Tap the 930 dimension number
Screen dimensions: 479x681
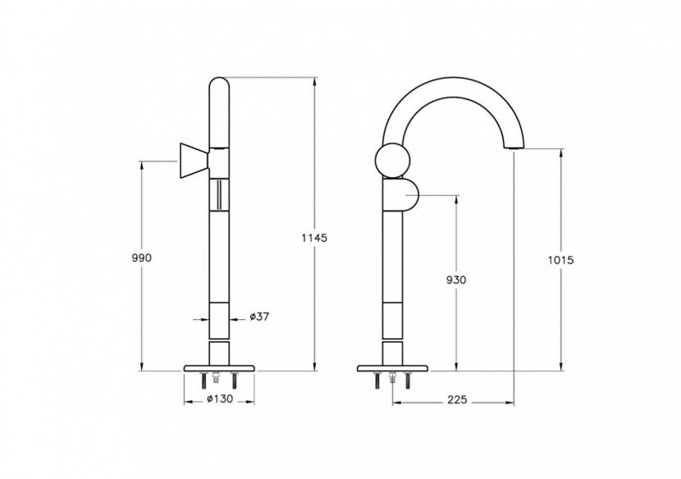click(457, 280)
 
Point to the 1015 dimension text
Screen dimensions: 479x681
click(560, 260)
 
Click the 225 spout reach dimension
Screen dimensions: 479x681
click(457, 400)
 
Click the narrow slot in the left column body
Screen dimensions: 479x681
click(218, 197)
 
